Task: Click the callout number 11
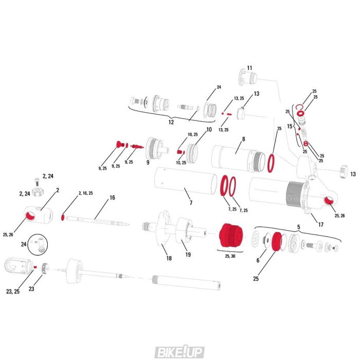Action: click(249, 68)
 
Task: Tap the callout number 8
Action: click(243, 139)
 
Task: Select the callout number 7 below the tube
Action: click(191, 203)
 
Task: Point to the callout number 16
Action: click(112, 197)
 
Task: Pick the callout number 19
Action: click(188, 254)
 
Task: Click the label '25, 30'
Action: click(229, 256)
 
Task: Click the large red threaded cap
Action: click(229, 236)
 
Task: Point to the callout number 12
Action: click(171, 122)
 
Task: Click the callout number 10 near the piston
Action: click(208, 130)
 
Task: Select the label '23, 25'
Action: click(13, 292)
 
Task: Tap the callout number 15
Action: click(290, 126)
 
